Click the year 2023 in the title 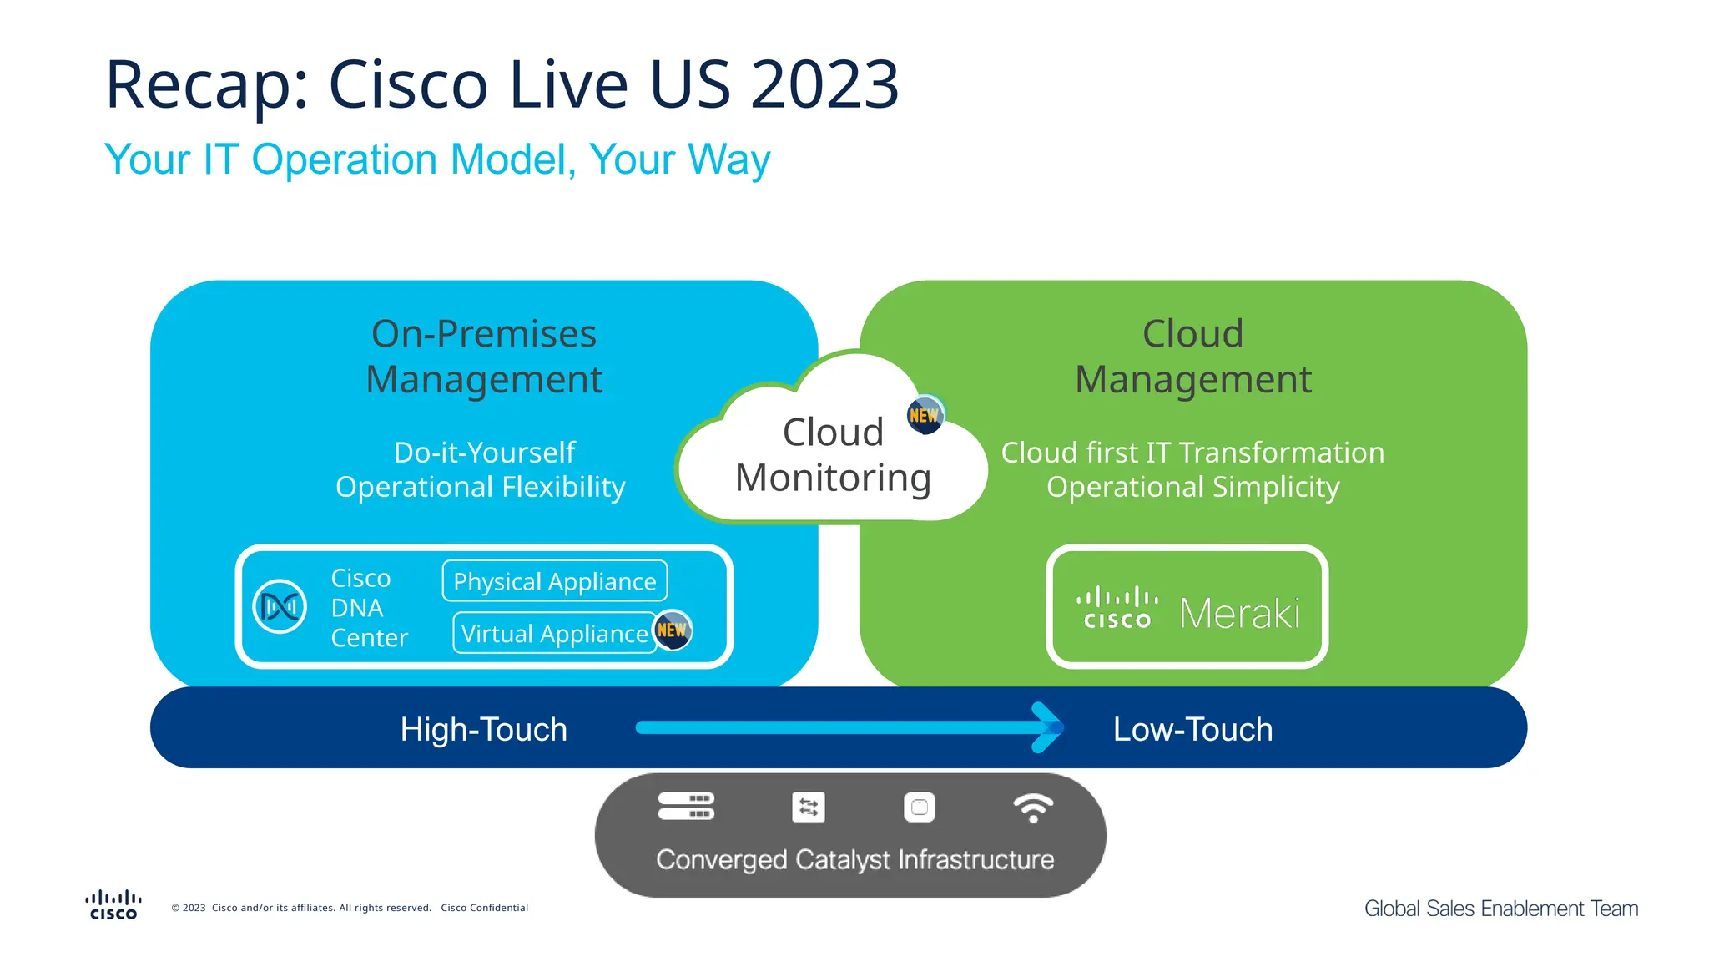(824, 84)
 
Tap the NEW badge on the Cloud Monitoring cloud (925, 415)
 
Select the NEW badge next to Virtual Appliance (672, 630)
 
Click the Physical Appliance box (554, 581)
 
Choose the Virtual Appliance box (554, 634)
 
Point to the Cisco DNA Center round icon (280, 606)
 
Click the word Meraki (1239, 614)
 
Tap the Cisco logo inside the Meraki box (1117, 608)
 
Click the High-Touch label (483, 729)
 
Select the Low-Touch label (1192, 729)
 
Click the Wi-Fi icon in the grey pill (1033, 808)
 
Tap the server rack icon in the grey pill (686, 807)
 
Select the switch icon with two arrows (808, 808)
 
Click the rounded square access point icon (920, 808)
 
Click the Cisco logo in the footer (113, 905)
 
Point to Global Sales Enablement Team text (1500, 909)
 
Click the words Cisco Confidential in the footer (484, 908)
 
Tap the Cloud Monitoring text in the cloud (833, 455)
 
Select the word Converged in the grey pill (721, 859)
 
